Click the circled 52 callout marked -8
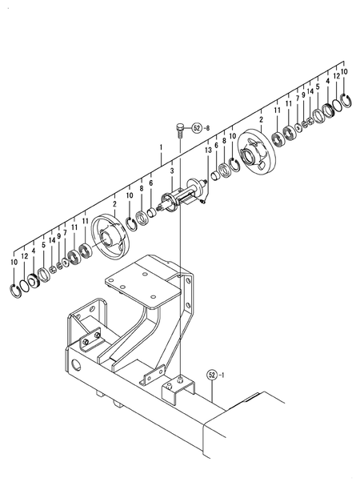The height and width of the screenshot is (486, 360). click(x=198, y=127)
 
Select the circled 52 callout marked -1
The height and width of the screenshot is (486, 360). click(x=213, y=374)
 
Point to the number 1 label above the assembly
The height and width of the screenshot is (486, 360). click(x=161, y=147)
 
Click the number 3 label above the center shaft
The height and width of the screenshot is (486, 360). click(x=171, y=171)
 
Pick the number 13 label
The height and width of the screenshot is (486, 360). click(x=207, y=150)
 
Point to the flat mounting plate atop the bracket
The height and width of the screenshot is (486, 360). click(x=141, y=277)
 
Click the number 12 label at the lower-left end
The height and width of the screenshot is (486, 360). click(x=24, y=255)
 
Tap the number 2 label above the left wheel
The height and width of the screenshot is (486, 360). click(x=114, y=204)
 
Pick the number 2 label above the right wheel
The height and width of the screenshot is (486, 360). click(x=260, y=119)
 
